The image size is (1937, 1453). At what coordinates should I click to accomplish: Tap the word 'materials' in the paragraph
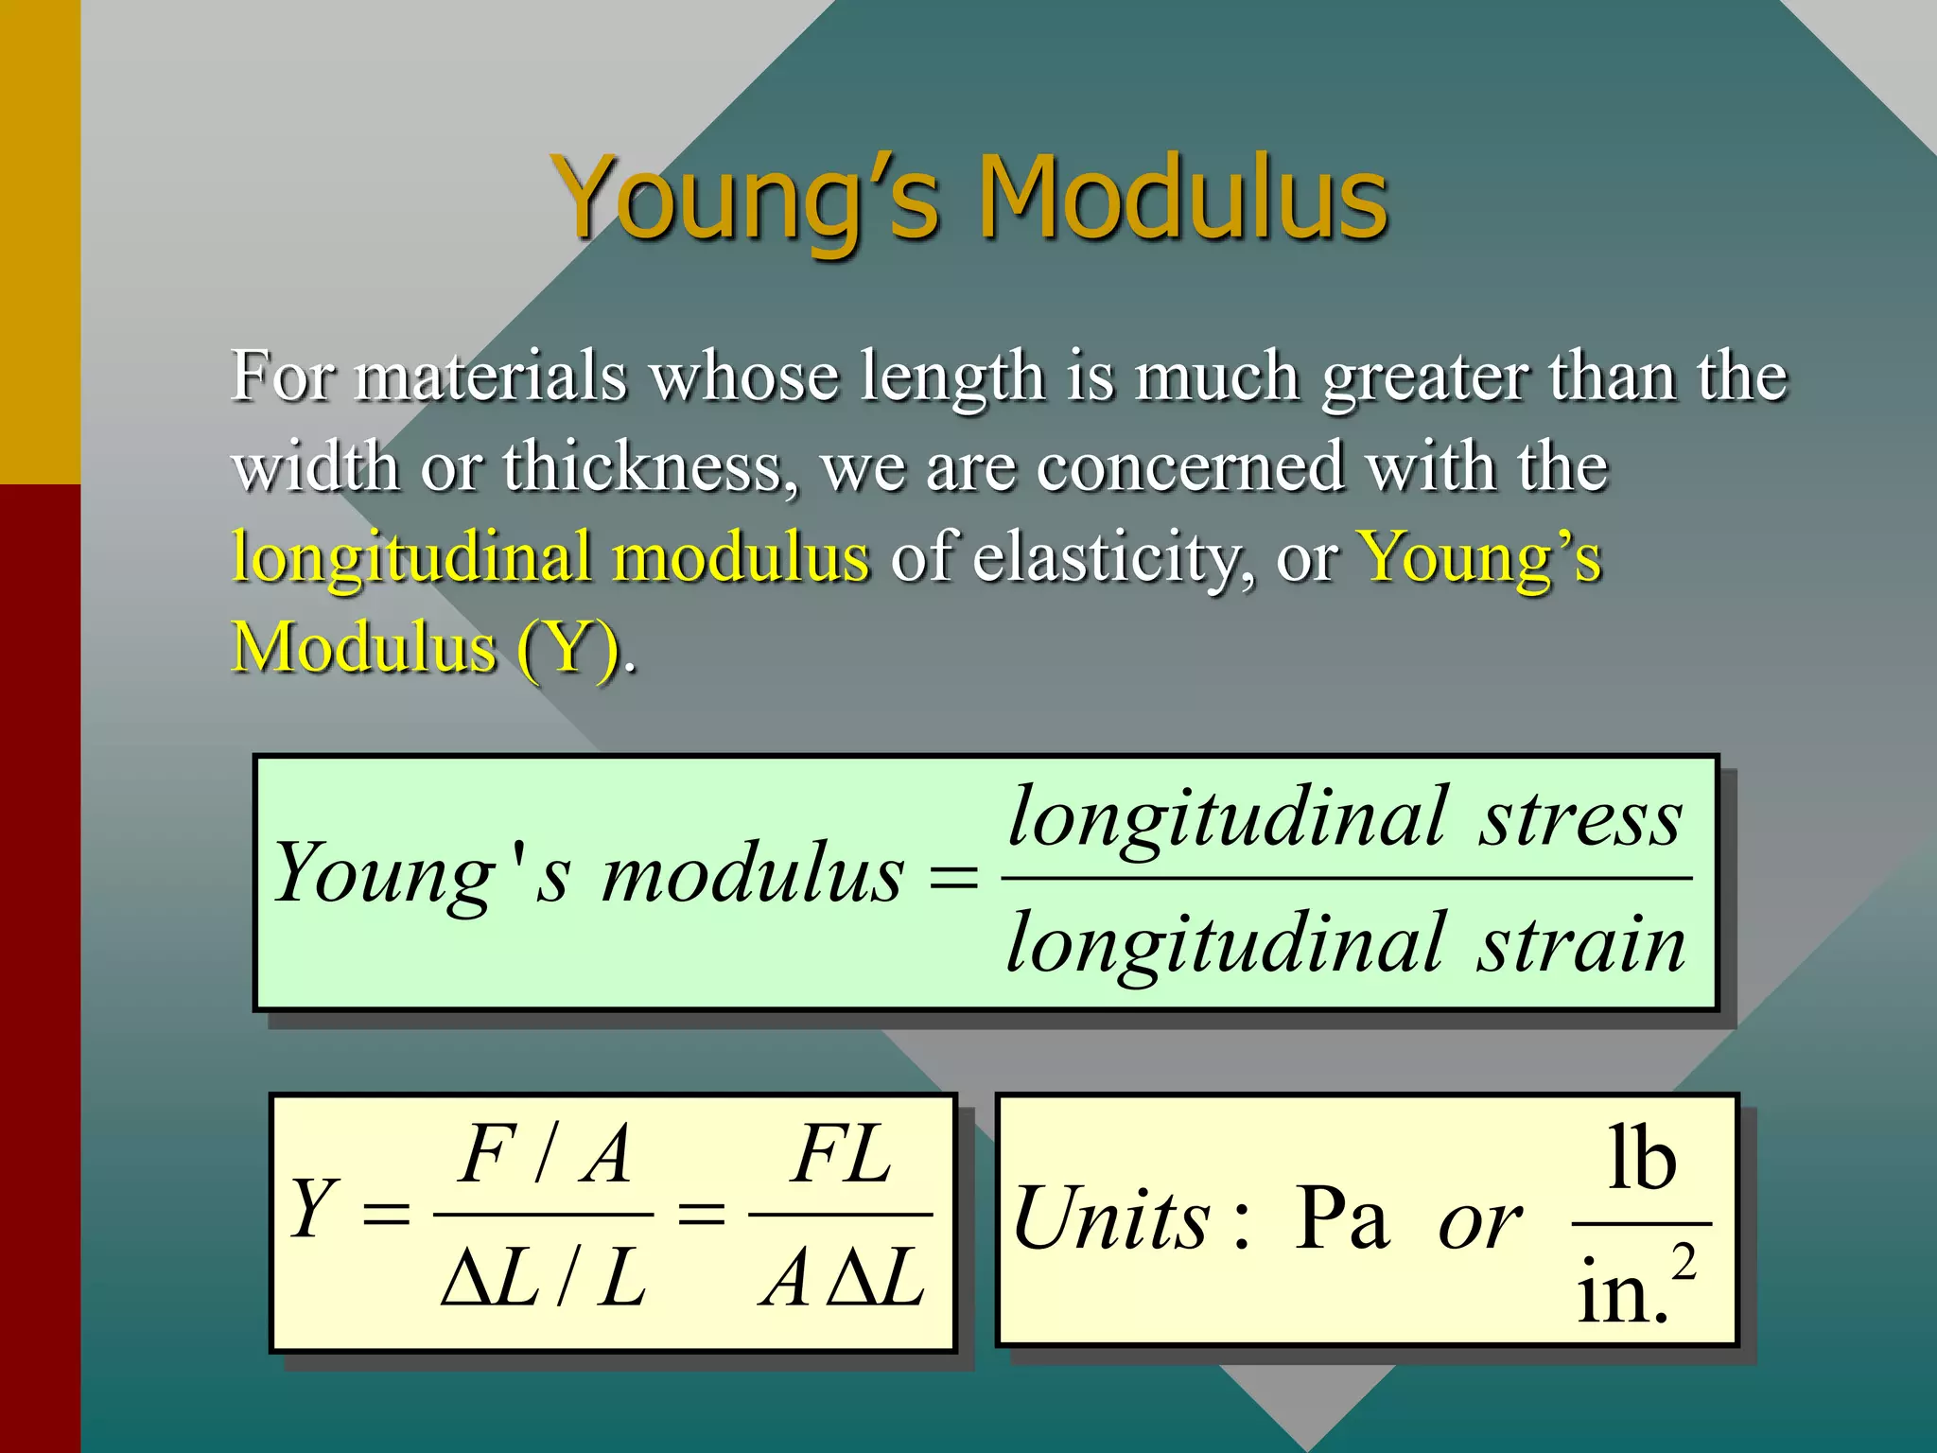[x=491, y=376]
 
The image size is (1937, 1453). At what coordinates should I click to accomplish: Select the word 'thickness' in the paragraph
[x=649, y=467]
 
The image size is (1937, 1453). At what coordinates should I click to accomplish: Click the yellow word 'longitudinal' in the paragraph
[x=411, y=558]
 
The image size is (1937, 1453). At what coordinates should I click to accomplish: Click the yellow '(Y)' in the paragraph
[x=567, y=648]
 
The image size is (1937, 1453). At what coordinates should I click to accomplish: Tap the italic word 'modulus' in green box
[x=753, y=874]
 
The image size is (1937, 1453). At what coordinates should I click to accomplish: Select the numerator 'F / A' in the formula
[x=545, y=1154]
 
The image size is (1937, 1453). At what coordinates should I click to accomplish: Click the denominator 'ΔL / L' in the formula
[x=545, y=1279]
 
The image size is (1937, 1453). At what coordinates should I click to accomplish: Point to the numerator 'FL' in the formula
[x=841, y=1154]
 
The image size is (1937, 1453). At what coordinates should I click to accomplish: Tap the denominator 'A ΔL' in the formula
[x=841, y=1279]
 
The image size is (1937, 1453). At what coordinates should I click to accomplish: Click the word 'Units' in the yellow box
[x=1112, y=1220]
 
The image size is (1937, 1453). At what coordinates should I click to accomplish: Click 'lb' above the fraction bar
[x=1642, y=1158]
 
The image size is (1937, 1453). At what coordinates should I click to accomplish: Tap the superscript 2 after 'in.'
[x=1684, y=1262]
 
